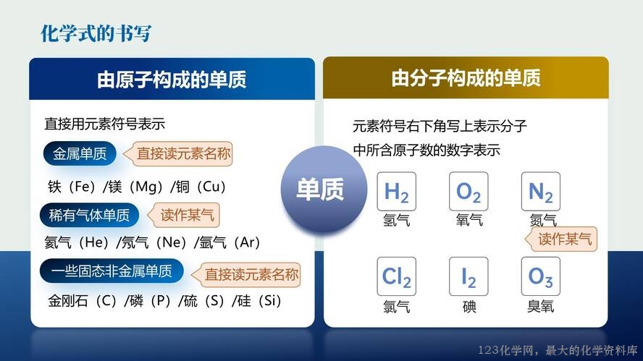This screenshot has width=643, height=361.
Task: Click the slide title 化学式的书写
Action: pos(96,33)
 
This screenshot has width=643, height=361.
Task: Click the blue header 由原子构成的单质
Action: pos(172,79)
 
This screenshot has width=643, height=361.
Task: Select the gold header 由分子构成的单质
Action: pos(466,78)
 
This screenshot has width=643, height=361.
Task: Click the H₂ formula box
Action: pos(397,192)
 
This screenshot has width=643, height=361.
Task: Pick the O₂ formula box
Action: pos(468,192)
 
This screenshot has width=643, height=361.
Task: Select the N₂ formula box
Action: pos(541,192)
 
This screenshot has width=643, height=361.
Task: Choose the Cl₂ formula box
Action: pos(397,276)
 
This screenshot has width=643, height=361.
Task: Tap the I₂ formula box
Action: pos(468,276)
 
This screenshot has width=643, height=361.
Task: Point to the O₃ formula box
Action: pos(541,276)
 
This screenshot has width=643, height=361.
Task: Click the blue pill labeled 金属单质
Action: pos(80,153)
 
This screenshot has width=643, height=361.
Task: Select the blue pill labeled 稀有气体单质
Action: pos(89,215)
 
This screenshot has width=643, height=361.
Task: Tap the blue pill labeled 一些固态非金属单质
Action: pos(112,271)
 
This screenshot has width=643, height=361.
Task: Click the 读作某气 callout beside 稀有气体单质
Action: pos(184,215)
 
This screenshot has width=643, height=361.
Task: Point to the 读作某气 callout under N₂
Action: pos(561,239)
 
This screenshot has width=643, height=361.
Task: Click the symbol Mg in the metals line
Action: pos(146,187)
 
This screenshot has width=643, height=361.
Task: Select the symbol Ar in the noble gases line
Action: pos(247,242)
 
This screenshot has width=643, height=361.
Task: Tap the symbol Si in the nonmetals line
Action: pos(270,301)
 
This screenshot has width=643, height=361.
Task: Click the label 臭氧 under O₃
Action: pos(540,306)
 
